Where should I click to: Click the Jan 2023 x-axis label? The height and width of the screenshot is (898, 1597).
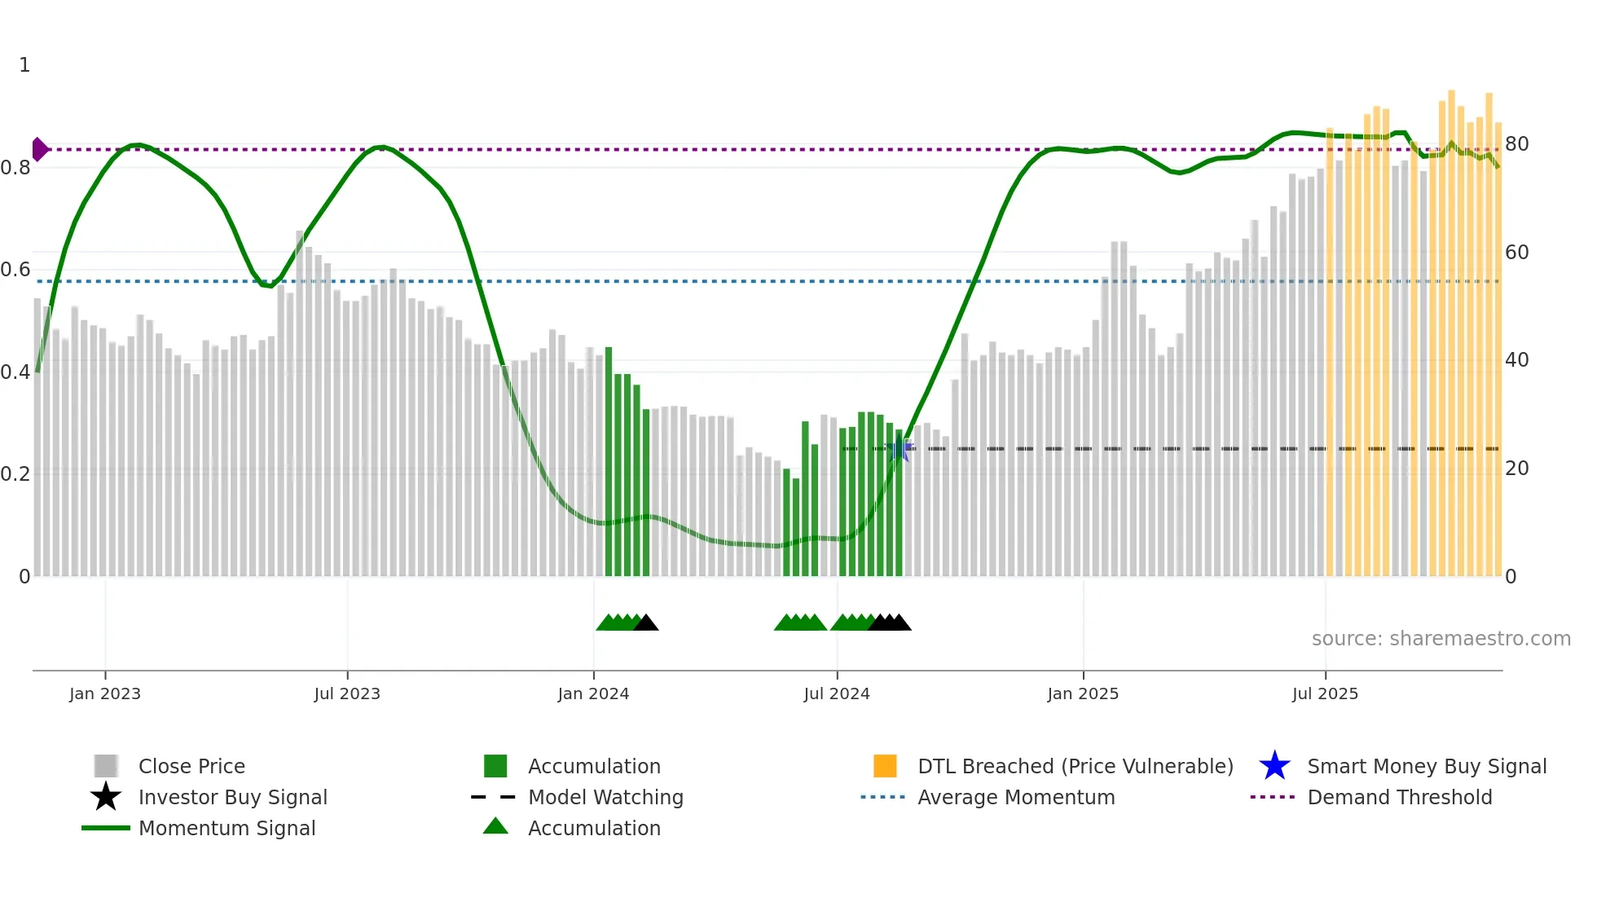[x=105, y=693]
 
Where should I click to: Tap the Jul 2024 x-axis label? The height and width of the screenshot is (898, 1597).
[x=837, y=693]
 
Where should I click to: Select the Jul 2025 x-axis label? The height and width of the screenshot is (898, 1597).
[x=1325, y=693]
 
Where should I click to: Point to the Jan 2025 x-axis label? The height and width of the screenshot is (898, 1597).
[x=1083, y=693]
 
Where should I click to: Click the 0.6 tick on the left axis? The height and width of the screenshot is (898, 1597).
[x=15, y=270]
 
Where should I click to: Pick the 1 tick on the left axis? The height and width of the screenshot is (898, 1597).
[x=24, y=65]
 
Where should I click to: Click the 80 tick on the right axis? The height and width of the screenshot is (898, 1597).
[x=1516, y=144]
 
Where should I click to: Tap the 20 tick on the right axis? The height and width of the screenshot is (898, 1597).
[x=1516, y=469]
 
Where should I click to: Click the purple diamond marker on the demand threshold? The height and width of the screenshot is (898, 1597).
[x=39, y=149]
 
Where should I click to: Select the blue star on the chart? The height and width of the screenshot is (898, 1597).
[x=900, y=448]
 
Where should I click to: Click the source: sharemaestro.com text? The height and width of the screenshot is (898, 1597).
[x=1441, y=639]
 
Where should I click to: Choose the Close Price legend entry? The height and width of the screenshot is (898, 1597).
[x=191, y=766]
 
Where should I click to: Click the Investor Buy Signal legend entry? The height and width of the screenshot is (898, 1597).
[x=232, y=797]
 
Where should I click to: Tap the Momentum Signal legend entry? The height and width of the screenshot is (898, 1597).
[x=227, y=828]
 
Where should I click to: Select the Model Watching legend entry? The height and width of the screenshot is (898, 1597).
[x=605, y=797]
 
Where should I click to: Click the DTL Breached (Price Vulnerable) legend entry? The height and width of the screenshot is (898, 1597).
[x=1075, y=766]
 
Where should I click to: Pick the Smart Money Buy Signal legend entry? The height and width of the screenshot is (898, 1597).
[x=1426, y=766]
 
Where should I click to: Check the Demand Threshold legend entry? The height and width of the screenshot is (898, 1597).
[x=1399, y=797]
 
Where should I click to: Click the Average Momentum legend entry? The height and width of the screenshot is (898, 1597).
[x=1015, y=797]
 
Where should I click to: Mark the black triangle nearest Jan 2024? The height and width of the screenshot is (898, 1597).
[x=646, y=623]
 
